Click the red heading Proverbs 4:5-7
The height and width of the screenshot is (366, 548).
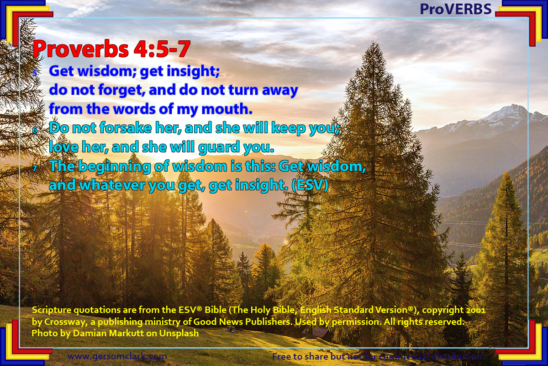(111, 49)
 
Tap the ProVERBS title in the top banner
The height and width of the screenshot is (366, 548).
(455, 9)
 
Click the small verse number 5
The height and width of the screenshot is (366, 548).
(35, 73)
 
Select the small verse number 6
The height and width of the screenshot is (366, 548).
(35, 130)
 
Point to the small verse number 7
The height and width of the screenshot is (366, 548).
(35, 168)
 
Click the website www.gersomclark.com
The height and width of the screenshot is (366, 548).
(117, 356)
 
